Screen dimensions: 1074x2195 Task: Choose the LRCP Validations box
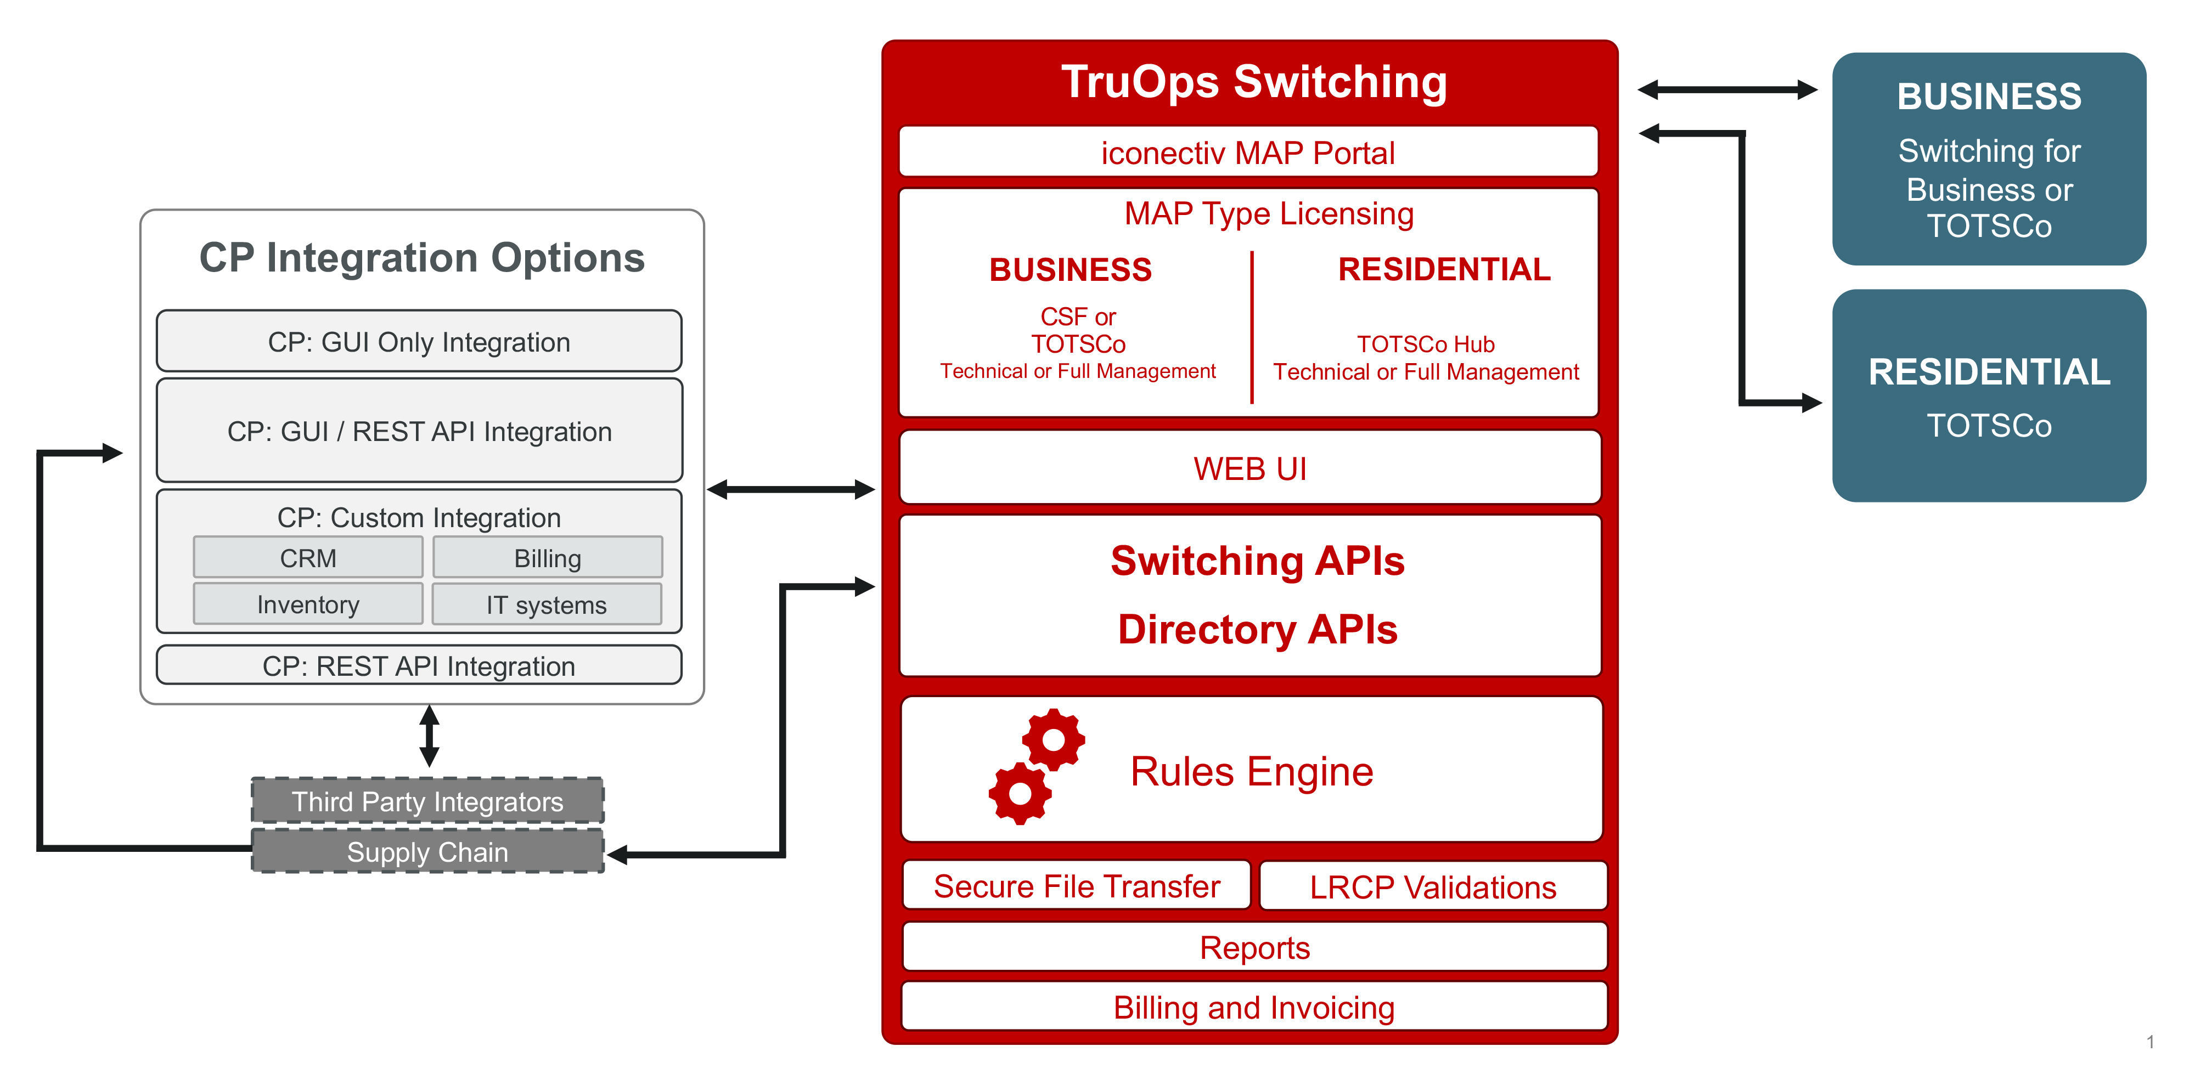1432,886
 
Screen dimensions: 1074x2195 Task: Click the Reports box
1254,947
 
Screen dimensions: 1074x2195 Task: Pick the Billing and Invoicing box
1254,1007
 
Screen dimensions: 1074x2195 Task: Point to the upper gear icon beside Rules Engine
1053,738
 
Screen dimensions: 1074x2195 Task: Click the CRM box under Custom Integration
308,558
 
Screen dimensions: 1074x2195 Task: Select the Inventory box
308,604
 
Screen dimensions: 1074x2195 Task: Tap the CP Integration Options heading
422,257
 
